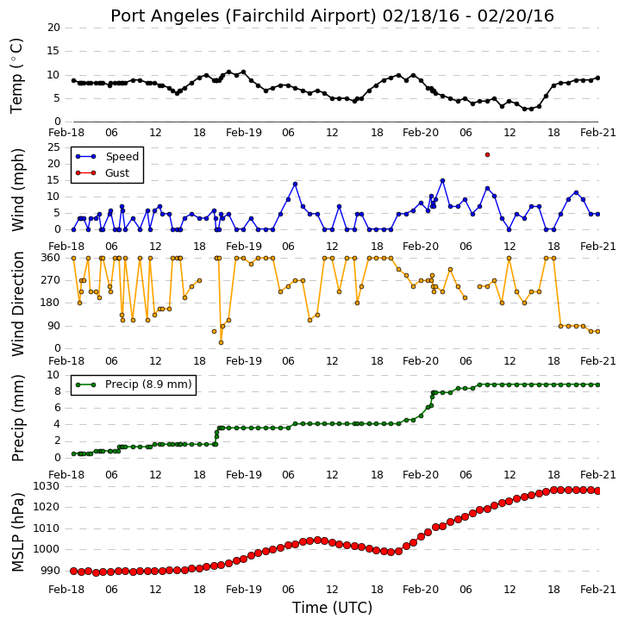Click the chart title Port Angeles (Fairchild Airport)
pos(244,16)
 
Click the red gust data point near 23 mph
pos(487,154)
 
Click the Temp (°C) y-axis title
pos(16,76)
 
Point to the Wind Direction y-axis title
pos(18,303)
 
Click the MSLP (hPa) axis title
pos(18,532)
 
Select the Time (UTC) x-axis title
pos(332,608)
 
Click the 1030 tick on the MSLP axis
pos(46,486)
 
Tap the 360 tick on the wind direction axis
pos(51,258)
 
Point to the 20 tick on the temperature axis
pos(53,28)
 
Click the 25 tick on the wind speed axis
pos(53,147)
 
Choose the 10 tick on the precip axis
pos(53,375)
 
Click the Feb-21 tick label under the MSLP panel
pos(598,590)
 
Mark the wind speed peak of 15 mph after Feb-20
pos(442,180)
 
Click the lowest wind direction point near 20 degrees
pos(222,342)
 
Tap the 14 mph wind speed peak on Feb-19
pos(296,184)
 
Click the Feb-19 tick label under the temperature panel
pos(244,133)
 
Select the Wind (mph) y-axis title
pos(18,190)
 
